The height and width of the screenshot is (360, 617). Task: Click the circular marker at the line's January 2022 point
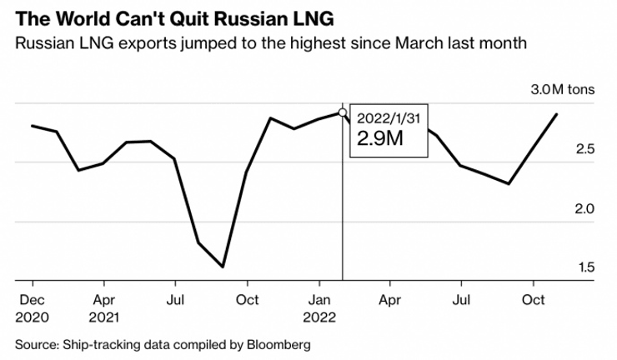343,112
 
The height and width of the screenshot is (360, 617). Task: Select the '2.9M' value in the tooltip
379,139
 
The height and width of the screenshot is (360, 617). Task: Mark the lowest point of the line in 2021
223,267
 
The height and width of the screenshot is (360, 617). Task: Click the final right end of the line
557,113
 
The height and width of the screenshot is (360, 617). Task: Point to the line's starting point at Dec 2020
32,126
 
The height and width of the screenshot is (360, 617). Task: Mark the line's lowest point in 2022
509,183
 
